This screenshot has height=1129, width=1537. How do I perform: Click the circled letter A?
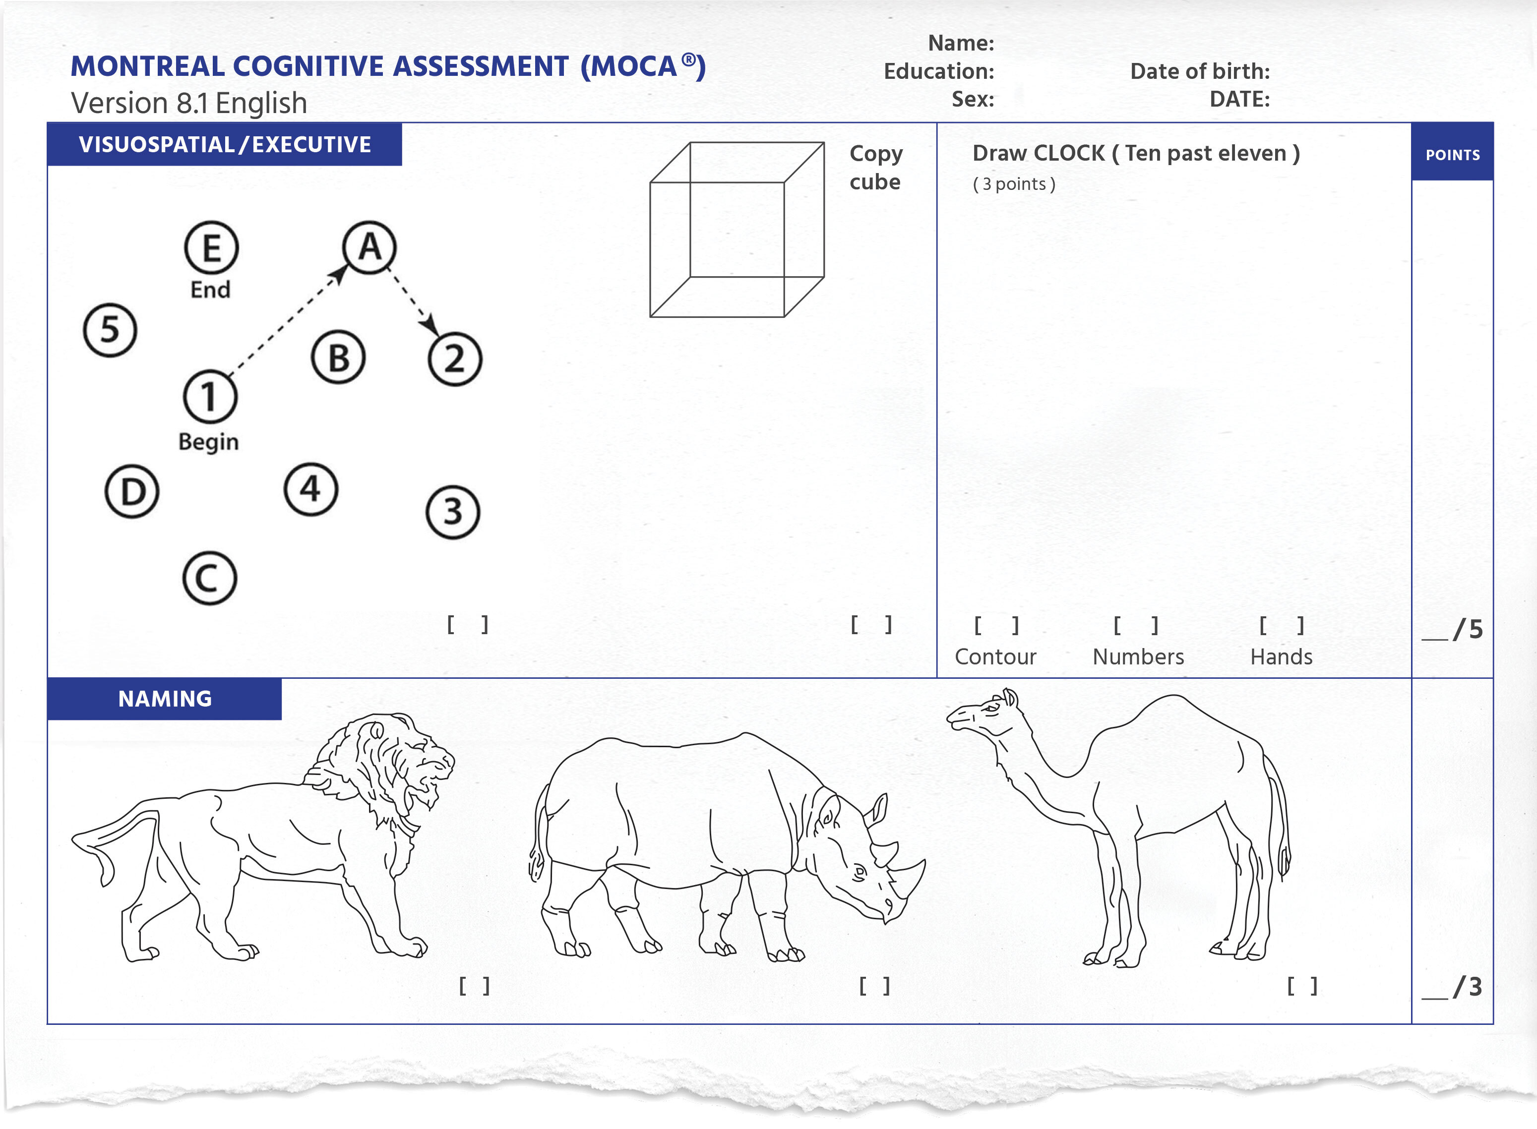point(369,247)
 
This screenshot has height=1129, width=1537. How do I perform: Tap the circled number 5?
point(110,330)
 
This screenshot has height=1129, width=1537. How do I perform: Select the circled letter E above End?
point(211,248)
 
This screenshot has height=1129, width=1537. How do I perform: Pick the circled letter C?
point(209,578)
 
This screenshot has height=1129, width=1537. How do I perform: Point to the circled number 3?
point(452,513)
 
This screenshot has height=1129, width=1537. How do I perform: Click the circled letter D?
point(132,491)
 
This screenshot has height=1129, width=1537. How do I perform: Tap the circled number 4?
point(311,489)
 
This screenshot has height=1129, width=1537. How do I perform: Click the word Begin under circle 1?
point(208,442)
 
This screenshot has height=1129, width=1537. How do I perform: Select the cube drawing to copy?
point(737,230)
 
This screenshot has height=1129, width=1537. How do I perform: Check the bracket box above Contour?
point(996,625)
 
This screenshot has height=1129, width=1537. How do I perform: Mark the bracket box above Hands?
point(1282,625)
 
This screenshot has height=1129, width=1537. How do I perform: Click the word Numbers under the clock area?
point(1138,657)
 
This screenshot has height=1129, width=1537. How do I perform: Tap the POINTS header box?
point(1452,155)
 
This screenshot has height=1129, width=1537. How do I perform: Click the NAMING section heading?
point(165,699)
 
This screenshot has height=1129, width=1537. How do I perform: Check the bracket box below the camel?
point(1302,986)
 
